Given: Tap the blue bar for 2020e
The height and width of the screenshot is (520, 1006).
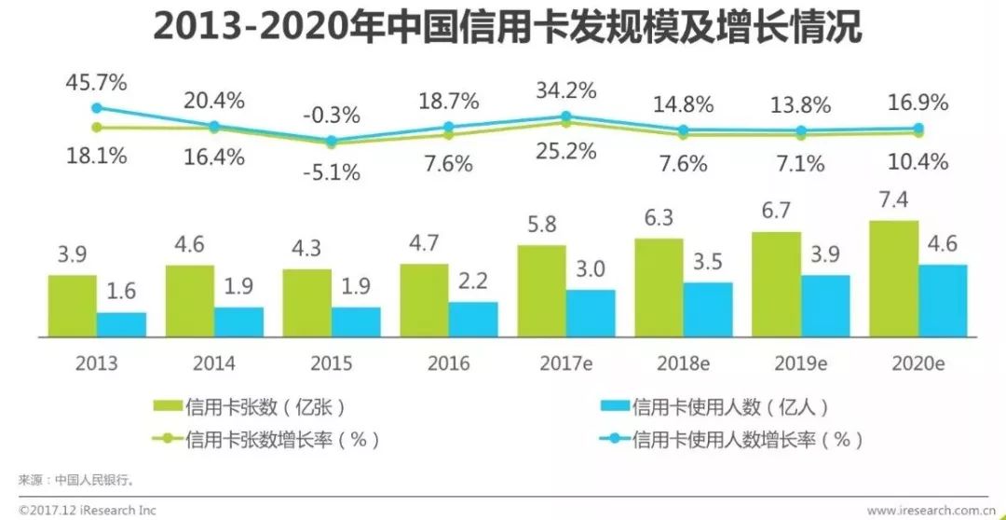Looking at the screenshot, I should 943,300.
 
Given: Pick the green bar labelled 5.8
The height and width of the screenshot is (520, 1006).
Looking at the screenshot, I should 541,290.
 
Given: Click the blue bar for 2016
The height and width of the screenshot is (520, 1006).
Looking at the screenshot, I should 473,319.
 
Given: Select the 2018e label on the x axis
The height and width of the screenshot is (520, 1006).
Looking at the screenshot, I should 682,363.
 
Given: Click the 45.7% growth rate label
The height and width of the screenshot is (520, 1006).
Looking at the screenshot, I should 96,82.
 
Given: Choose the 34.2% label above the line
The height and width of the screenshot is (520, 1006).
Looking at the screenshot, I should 565,91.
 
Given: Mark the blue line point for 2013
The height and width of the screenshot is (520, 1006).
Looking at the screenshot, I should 96,108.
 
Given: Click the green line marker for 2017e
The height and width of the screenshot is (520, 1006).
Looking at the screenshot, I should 565,123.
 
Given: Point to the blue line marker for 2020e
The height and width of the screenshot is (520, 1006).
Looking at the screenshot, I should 918,129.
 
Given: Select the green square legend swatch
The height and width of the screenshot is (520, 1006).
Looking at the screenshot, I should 168,406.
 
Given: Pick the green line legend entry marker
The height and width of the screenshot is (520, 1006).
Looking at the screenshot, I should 168,438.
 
